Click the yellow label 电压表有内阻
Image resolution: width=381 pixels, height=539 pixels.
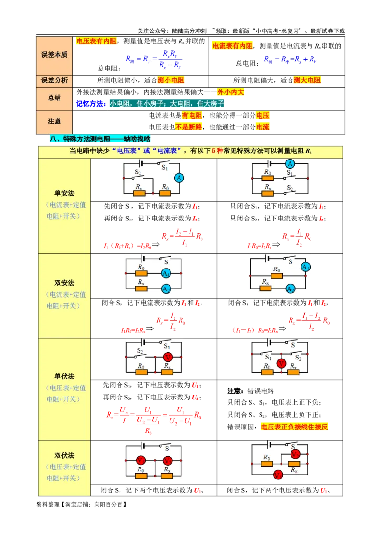(96, 41)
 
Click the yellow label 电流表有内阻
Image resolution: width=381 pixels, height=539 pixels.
(232, 46)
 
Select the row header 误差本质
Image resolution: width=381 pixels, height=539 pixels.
(54, 55)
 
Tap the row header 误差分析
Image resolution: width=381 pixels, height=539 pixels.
(54, 80)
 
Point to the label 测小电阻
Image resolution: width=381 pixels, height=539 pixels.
(170, 80)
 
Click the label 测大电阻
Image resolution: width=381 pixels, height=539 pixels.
(307, 80)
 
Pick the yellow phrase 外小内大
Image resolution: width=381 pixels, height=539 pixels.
(231, 92)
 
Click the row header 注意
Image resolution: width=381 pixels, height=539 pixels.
(54, 121)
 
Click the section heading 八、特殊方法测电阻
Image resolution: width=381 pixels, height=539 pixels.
(100, 139)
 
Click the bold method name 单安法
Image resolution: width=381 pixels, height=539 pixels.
(64, 193)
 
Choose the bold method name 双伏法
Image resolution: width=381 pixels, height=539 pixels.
(64, 456)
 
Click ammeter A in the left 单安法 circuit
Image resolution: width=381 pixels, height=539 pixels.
(179, 178)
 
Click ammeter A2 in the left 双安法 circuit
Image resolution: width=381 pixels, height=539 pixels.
(166, 289)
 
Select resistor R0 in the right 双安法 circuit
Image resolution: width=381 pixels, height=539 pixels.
(276, 276)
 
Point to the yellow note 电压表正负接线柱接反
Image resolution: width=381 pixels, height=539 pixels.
(294, 427)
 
